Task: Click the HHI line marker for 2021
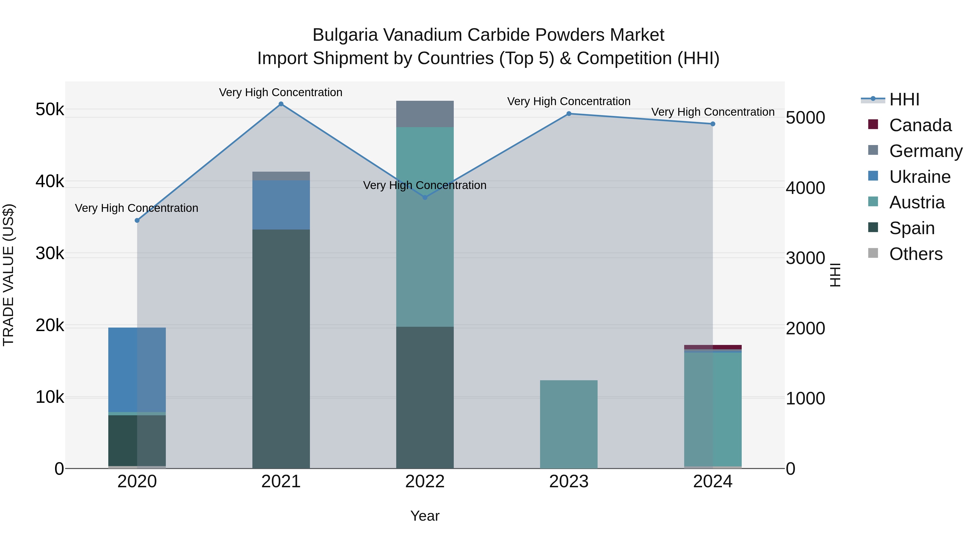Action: point(281,104)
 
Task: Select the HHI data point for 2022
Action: point(425,197)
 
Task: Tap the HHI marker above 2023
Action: point(569,114)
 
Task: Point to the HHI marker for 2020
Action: point(137,221)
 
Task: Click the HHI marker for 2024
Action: point(713,124)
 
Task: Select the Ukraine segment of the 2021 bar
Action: point(281,205)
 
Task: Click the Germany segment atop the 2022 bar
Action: point(425,114)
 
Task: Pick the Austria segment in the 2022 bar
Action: point(425,228)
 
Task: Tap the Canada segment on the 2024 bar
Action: point(713,347)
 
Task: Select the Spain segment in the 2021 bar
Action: point(281,349)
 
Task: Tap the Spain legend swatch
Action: point(873,228)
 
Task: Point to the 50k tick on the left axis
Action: point(50,110)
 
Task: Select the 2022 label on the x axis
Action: point(425,482)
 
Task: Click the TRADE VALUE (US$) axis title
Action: point(8,275)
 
